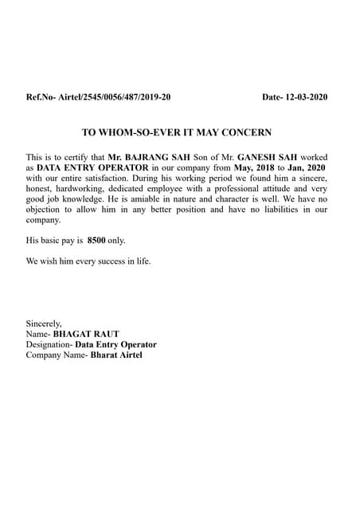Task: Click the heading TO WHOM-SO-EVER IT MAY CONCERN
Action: click(177, 131)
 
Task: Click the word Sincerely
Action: click(44, 324)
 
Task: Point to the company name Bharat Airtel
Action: click(117, 355)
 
